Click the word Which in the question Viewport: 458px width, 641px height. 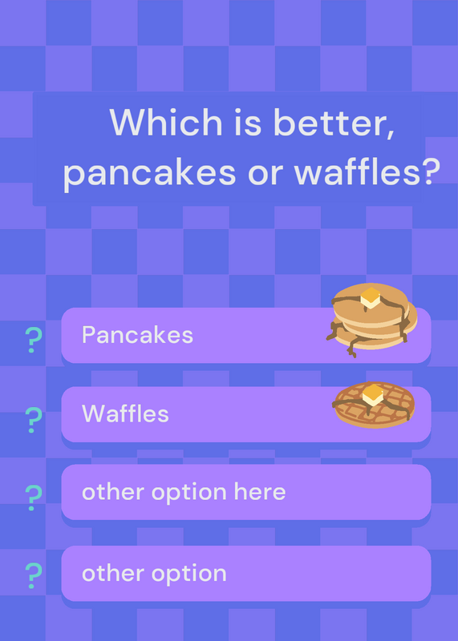[166, 122]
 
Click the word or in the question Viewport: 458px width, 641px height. [265, 174]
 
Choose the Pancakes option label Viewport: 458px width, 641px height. [137, 335]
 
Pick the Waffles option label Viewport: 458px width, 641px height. [125, 413]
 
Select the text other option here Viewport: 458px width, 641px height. [184, 492]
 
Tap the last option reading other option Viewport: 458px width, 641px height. [154, 573]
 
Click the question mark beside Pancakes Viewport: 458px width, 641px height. [34, 340]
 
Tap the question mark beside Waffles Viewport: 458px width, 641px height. [34, 420]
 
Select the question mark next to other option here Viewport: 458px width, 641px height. [34, 498]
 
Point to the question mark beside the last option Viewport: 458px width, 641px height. [34, 575]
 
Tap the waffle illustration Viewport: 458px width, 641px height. [374, 405]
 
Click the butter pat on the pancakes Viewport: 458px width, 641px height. [371, 297]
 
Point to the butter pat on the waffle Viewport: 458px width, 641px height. [373, 394]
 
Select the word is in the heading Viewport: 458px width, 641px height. [248, 123]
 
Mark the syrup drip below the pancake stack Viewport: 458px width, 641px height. [351, 349]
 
